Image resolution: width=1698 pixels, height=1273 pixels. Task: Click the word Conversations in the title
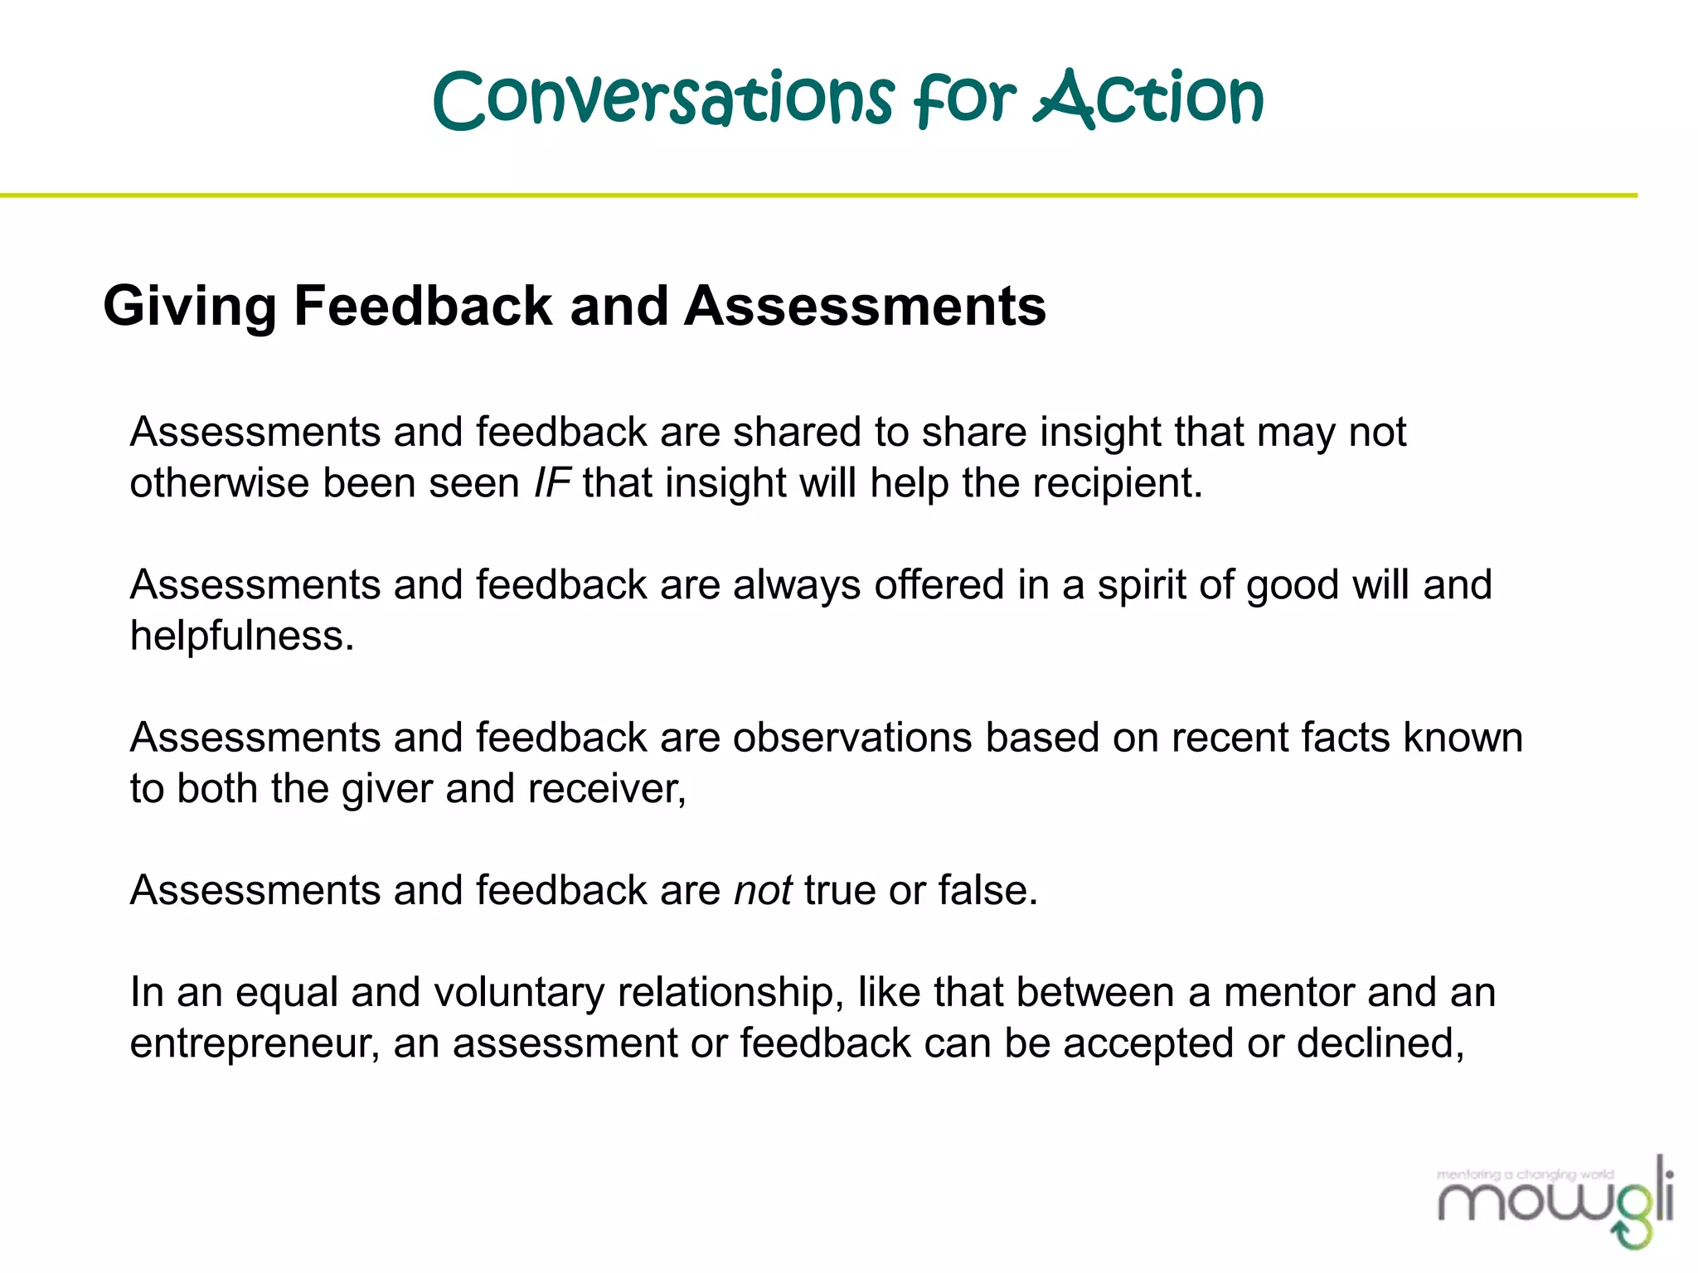point(663,99)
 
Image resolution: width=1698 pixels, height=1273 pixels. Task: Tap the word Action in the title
point(1148,99)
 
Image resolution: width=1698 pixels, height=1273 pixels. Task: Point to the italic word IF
point(551,483)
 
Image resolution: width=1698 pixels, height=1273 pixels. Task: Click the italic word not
point(763,891)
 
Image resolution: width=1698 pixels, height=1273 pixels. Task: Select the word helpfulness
point(241,636)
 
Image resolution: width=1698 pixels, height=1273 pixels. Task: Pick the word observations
point(851,738)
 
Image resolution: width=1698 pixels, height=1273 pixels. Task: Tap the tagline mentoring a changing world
point(1525,1174)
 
